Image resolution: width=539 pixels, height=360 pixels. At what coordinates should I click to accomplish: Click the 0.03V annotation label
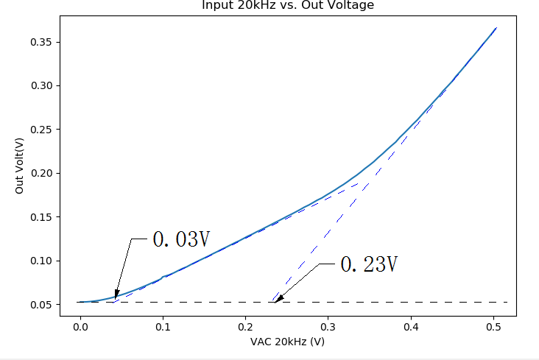tap(181, 239)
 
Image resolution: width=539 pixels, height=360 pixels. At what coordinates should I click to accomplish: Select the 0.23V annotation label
tap(369, 265)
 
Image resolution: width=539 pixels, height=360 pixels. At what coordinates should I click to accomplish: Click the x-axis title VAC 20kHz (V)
tap(287, 342)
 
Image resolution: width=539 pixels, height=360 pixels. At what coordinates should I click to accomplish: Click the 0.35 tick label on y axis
tap(41, 42)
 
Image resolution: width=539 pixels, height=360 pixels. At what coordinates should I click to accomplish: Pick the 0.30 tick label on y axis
tap(41, 85)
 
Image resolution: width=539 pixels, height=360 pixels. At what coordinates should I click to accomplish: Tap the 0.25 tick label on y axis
tap(41, 130)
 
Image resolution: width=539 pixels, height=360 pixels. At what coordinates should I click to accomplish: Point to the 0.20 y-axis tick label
tap(41, 173)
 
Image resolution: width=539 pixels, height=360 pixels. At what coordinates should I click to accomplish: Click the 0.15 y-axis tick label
tap(41, 217)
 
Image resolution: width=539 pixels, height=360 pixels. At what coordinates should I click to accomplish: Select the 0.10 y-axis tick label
tap(41, 261)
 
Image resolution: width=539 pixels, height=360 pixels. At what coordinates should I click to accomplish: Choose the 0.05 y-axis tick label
tap(41, 304)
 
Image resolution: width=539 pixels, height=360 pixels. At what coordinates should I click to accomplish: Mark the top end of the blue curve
tap(496, 28)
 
